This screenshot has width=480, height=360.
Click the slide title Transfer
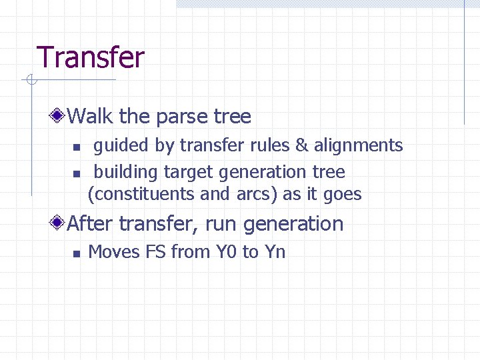pos(90,57)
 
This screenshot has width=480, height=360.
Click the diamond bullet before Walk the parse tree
pos(59,117)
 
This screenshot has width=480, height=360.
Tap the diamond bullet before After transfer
pos(59,223)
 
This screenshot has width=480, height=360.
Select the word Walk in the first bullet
pos(91,117)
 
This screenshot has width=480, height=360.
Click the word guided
pos(121,145)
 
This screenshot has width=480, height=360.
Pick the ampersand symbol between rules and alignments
pos(303,145)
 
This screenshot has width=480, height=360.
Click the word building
pos(126,172)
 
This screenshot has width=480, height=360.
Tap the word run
pos(220,224)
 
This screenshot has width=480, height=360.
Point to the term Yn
pos(275,252)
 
